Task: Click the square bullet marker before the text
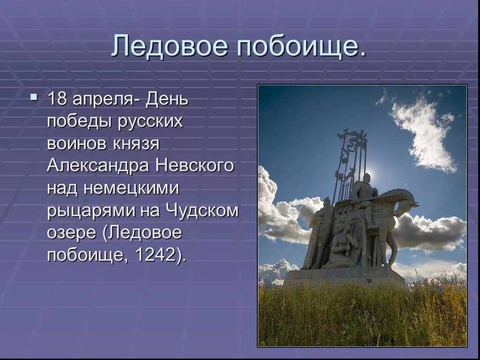click(33, 97)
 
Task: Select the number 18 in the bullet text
click(58, 99)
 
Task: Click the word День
click(167, 99)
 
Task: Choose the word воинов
click(76, 144)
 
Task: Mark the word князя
click(136, 144)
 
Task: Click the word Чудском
click(201, 211)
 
